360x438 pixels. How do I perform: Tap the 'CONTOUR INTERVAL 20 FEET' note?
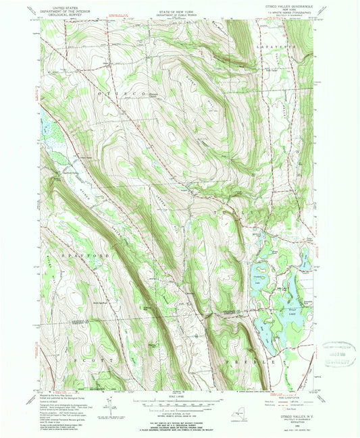tap(180, 410)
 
